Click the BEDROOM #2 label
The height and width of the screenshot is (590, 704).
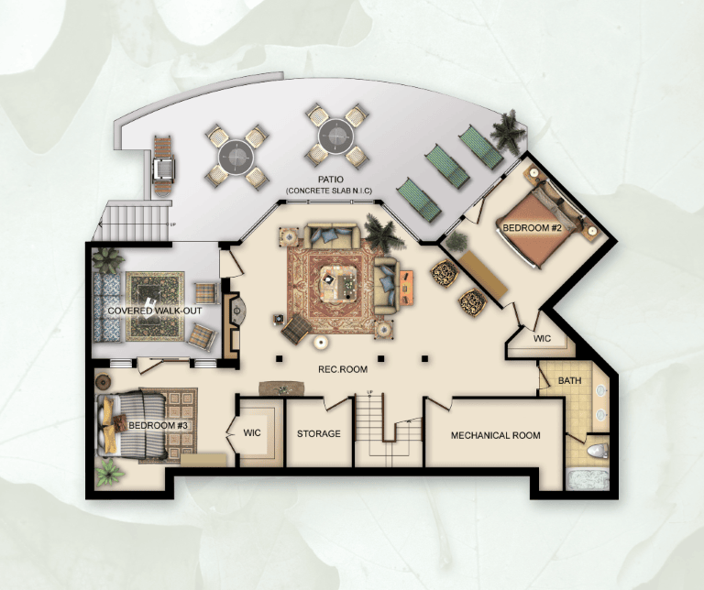click(x=532, y=228)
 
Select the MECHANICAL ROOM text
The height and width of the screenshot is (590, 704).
click(x=495, y=435)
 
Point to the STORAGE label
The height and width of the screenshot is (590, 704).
click(x=319, y=434)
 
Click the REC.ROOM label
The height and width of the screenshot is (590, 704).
click(x=343, y=369)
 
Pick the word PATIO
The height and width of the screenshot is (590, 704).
click(x=330, y=180)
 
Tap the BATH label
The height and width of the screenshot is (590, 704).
click(x=570, y=380)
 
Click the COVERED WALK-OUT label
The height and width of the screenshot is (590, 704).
click(x=155, y=311)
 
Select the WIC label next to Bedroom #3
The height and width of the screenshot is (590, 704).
click(x=252, y=433)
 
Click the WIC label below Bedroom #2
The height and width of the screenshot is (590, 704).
click(x=542, y=338)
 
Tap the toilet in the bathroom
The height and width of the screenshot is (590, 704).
click(x=597, y=450)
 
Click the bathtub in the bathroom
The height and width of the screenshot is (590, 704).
click(x=588, y=480)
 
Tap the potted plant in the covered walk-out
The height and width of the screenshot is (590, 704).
click(x=107, y=260)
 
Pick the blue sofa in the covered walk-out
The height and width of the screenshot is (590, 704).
click(x=107, y=307)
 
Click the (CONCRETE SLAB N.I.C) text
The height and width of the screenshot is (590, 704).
click(x=330, y=191)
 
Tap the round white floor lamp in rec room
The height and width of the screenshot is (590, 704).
click(x=321, y=344)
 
